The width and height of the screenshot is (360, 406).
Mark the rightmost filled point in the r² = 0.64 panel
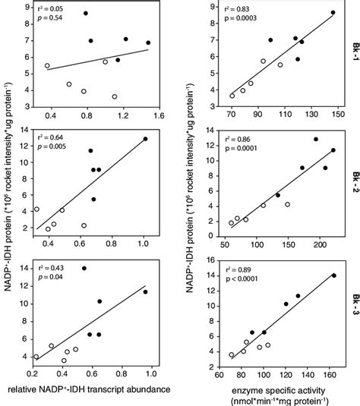(x=145, y=139)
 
